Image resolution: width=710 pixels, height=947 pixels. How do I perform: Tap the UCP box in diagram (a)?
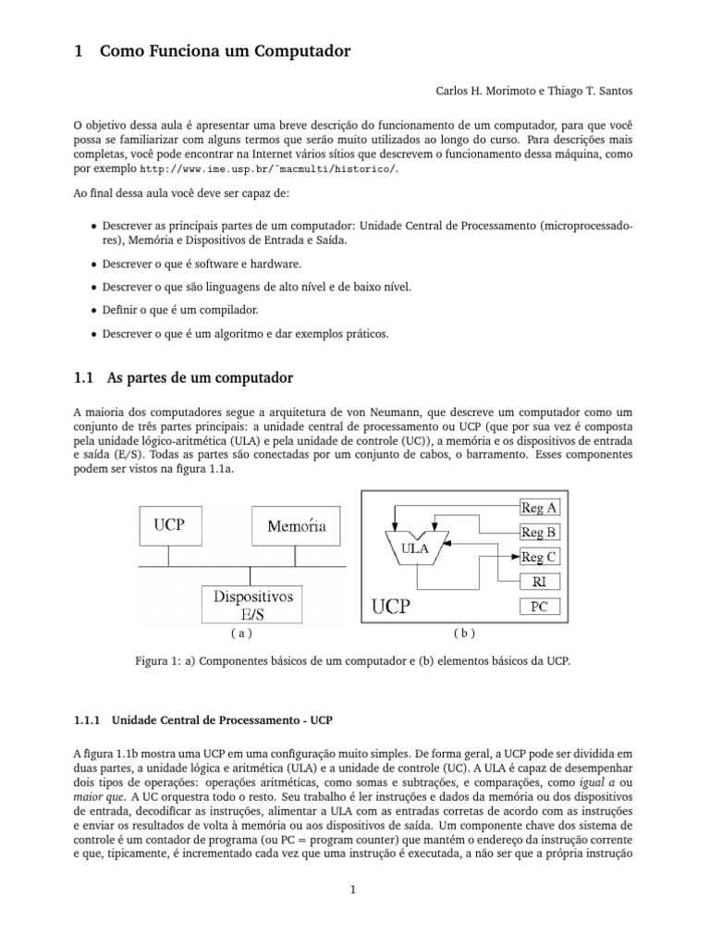[168, 525]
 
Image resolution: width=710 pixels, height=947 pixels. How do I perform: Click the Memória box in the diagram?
[296, 526]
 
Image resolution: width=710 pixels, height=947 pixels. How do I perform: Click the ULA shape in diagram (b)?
[415, 546]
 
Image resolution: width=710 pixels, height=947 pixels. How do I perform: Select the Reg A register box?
[538, 507]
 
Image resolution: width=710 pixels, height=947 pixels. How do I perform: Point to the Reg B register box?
[538, 532]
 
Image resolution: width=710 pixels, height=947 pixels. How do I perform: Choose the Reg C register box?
[538, 557]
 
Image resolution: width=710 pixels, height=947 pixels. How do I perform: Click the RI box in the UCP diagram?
[538, 582]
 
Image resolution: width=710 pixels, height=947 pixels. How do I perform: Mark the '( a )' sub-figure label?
[240, 634]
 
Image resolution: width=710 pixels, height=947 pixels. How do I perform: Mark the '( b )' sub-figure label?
[463, 634]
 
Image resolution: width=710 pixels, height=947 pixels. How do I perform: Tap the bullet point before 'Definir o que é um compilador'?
[95, 310]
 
